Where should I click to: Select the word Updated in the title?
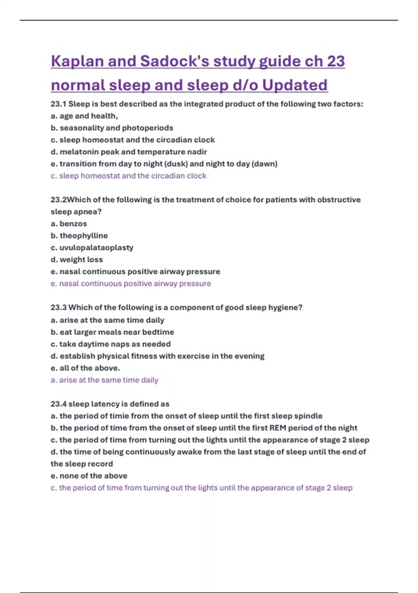295,85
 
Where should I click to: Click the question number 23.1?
59,104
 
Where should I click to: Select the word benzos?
73,224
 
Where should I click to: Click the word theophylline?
84,236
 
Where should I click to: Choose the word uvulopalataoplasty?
96,248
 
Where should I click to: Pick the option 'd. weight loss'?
77,260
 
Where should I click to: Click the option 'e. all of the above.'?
85,368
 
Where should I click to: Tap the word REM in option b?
278,428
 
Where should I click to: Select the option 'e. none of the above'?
89,476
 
